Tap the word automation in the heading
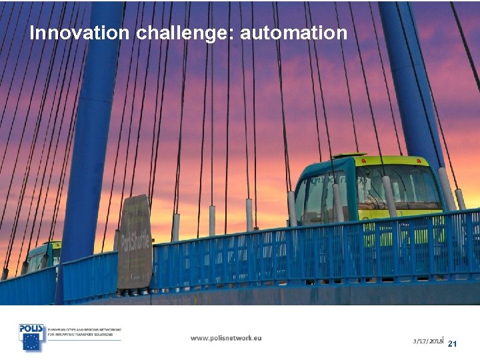(293, 33)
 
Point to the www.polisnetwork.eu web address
(226, 338)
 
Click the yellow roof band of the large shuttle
(400, 161)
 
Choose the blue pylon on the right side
(410, 80)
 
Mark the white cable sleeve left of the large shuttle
(292, 208)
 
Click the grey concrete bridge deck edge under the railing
(300, 293)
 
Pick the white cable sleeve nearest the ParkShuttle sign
(175, 227)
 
